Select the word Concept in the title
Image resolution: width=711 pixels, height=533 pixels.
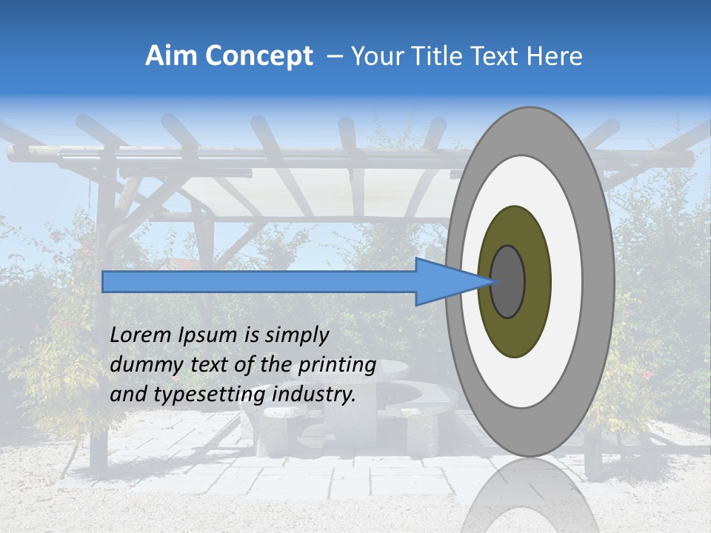[x=259, y=56]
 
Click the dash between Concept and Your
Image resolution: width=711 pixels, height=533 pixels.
[x=335, y=56]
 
